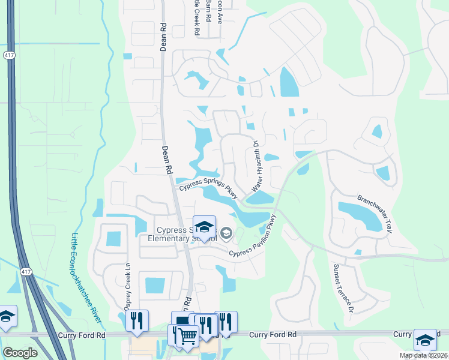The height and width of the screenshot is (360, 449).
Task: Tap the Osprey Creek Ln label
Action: [x=128, y=281]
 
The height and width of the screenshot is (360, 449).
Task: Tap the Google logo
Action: [x=20, y=353]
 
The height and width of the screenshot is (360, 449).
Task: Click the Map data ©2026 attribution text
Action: [x=423, y=355]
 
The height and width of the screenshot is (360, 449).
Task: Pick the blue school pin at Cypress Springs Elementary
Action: [x=204, y=227]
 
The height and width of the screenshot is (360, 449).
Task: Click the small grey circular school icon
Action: [x=226, y=233]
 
